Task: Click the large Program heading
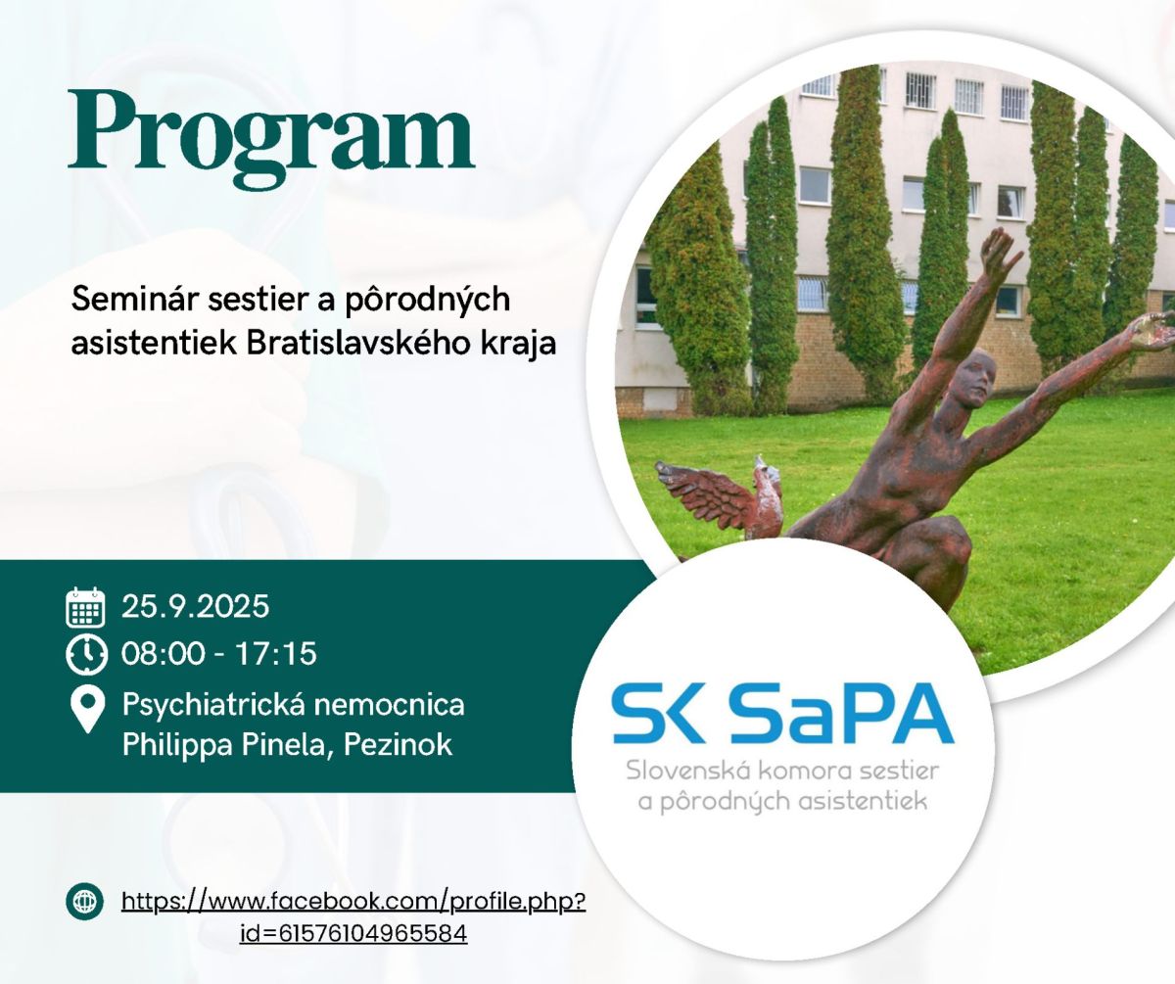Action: click(271, 138)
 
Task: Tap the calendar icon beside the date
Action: click(85, 607)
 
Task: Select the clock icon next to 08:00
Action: click(86, 654)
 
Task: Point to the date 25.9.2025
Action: click(195, 606)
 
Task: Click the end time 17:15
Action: click(276, 654)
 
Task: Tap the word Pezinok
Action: click(398, 745)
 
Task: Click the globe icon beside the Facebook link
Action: click(84, 902)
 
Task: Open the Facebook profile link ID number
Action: click(353, 934)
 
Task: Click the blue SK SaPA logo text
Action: click(782, 715)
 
